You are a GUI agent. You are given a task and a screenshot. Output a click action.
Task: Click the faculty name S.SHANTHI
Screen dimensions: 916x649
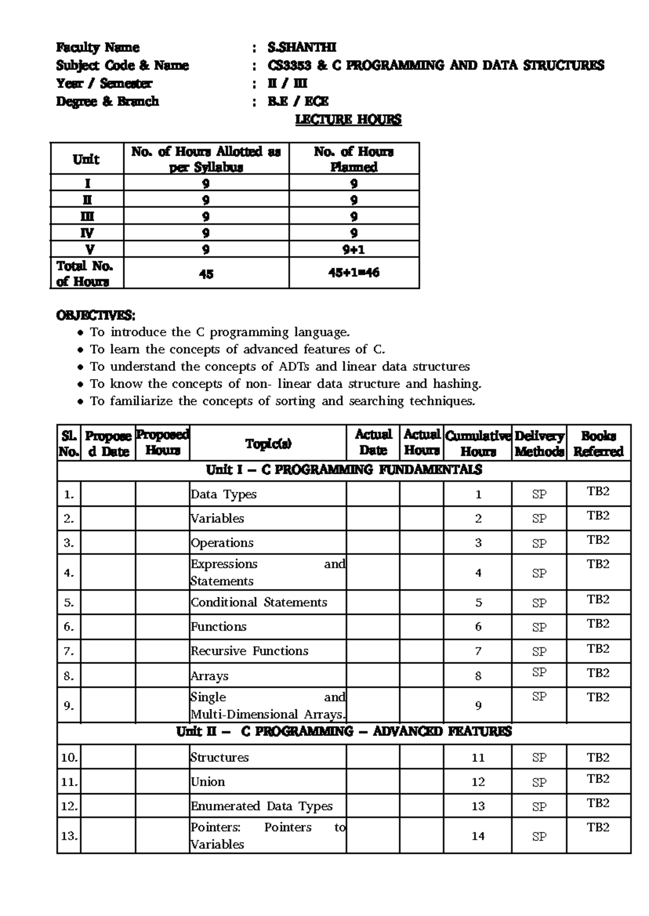(x=302, y=48)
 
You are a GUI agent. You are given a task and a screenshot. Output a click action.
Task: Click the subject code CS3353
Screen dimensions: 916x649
(x=289, y=65)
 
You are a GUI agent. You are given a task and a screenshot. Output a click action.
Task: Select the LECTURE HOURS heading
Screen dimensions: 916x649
(x=348, y=120)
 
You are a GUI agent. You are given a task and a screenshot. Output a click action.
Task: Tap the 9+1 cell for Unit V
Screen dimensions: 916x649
(x=354, y=249)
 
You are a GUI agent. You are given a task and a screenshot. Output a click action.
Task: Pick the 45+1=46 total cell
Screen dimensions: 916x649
(x=354, y=273)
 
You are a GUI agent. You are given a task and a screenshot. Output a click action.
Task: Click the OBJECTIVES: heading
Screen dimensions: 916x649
(x=96, y=315)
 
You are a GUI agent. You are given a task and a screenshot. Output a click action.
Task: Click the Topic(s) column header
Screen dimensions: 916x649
(x=268, y=443)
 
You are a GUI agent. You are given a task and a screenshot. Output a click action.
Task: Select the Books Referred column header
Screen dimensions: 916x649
(x=598, y=443)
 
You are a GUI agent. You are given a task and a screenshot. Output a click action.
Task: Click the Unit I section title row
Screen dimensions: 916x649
(x=344, y=469)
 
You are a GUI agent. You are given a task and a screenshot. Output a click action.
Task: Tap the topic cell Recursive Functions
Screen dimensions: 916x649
(x=249, y=651)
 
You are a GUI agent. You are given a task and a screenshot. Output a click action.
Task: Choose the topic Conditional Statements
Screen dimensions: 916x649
(x=259, y=602)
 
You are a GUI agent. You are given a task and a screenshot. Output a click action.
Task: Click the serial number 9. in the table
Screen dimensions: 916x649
(x=69, y=706)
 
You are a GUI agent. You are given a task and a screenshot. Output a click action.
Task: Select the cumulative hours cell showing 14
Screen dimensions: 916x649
(x=478, y=836)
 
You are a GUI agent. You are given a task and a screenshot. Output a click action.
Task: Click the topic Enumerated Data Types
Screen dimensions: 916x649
(x=262, y=806)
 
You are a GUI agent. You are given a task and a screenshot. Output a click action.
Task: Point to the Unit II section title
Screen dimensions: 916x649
(x=344, y=732)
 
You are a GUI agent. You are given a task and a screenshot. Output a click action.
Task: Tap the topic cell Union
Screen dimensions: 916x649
(x=208, y=782)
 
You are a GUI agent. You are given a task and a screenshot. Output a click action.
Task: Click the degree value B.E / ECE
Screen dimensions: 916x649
(x=298, y=102)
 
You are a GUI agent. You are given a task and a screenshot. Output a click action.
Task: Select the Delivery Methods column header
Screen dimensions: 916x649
(x=539, y=443)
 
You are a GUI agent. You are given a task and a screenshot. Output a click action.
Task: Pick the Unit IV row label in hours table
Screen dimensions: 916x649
(x=87, y=233)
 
